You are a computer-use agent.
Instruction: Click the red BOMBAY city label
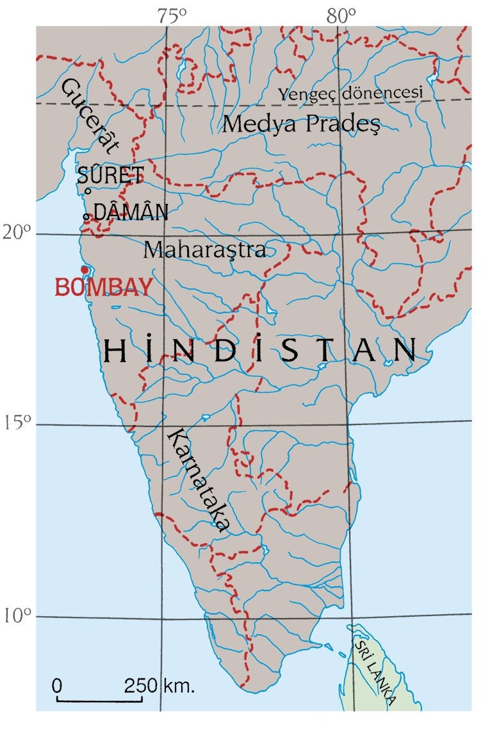tap(104, 287)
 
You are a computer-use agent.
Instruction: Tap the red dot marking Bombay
tap(84, 269)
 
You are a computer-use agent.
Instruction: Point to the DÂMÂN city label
tap(131, 213)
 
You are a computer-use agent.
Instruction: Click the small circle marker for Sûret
tap(87, 190)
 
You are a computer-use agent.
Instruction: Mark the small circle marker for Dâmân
tap(86, 217)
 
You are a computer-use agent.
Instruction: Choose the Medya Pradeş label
tap(301, 124)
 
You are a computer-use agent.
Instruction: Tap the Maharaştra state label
tap(204, 249)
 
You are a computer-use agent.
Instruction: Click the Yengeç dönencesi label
tap(351, 94)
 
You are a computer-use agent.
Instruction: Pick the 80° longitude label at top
tap(341, 17)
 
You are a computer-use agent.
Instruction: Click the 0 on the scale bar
tap(57, 685)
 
